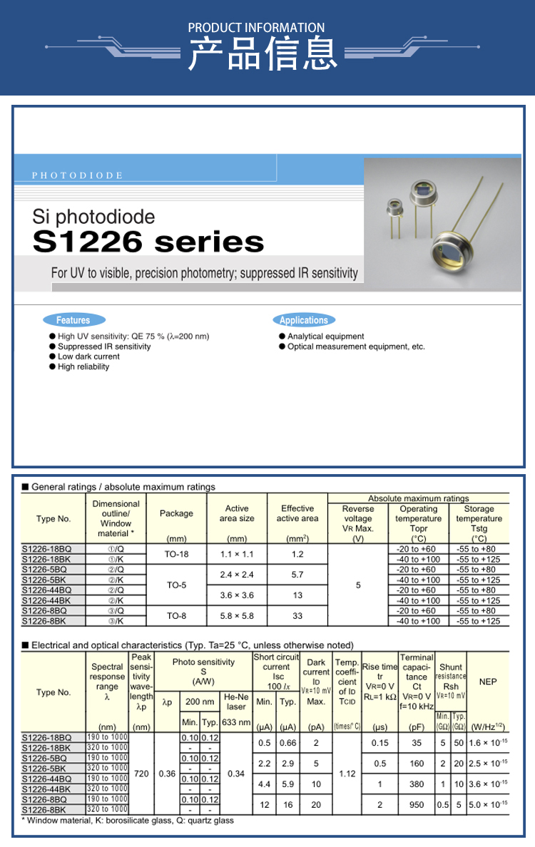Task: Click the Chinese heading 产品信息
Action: [x=263, y=53]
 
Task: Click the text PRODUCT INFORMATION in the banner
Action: [x=256, y=28]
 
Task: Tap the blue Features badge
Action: [x=73, y=320]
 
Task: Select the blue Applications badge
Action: [x=303, y=320]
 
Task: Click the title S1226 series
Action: [x=148, y=242]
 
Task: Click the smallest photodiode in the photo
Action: [x=394, y=209]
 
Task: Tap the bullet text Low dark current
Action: [x=88, y=356]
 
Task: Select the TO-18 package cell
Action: [x=176, y=554]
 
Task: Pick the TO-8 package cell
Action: [x=176, y=616]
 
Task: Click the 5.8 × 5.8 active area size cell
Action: [x=237, y=616]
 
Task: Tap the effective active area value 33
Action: [x=297, y=616]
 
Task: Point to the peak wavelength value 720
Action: [x=141, y=773]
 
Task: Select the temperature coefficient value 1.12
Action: [x=347, y=773]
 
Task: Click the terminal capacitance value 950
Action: [x=417, y=804]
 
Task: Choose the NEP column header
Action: [x=488, y=682]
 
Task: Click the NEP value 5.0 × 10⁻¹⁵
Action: [x=488, y=804]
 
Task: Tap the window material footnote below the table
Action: [x=128, y=821]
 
